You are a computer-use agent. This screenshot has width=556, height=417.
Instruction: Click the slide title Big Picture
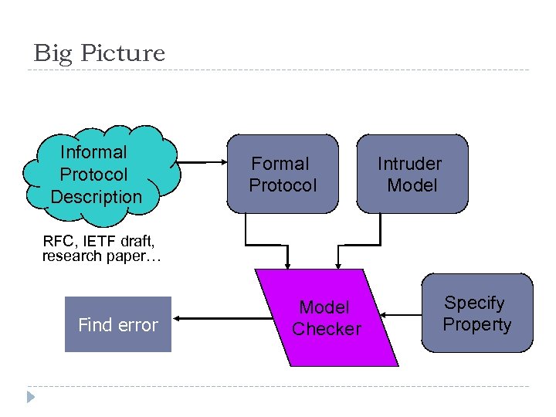point(99,53)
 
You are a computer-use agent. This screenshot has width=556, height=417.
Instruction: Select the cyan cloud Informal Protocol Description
point(100,174)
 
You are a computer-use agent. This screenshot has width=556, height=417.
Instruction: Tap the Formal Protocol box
point(283,175)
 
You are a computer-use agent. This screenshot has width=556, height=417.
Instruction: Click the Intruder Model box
point(412,175)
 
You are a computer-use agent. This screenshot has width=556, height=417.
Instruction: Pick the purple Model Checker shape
point(326,318)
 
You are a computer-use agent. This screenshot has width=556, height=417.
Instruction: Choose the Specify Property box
point(477,314)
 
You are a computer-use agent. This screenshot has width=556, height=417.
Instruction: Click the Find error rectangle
point(117,325)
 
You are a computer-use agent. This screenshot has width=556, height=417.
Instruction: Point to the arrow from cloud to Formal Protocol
point(202,163)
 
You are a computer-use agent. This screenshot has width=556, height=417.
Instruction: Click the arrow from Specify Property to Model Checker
point(403,314)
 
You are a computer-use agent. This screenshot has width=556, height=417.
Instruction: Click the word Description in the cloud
point(97,197)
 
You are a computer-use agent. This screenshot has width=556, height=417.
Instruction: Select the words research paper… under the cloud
point(101,256)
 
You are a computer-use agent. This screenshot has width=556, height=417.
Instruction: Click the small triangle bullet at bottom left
point(30,398)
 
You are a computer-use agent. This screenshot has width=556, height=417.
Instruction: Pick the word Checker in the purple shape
point(326,329)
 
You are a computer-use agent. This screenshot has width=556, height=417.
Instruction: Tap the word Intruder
point(409,164)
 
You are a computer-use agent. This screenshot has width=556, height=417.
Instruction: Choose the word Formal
point(280,164)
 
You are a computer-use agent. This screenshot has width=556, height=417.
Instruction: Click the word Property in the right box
point(476,324)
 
